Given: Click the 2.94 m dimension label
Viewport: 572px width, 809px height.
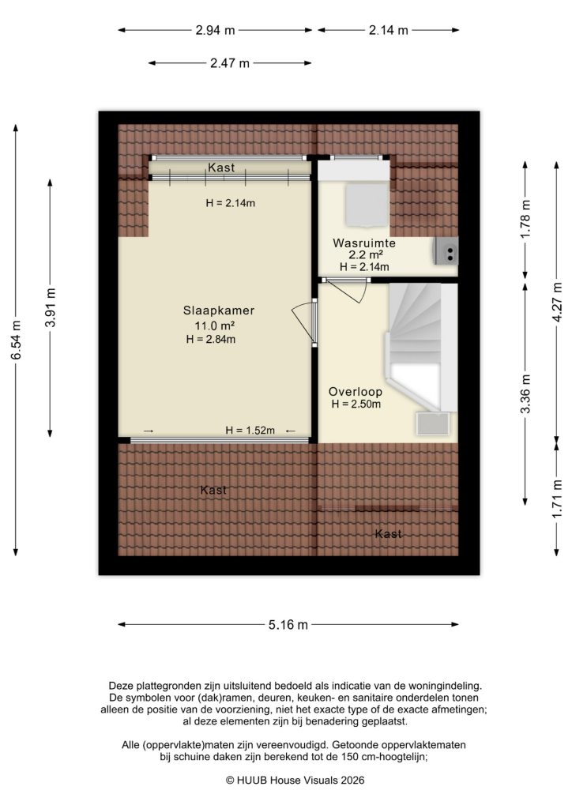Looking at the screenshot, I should click(x=216, y=31).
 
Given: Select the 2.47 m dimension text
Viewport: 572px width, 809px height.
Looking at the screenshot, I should click(x=230, y=63).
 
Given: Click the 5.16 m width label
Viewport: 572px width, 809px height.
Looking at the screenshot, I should click(x=288, y=625).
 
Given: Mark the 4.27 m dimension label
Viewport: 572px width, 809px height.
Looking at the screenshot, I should click(x=558, y=301).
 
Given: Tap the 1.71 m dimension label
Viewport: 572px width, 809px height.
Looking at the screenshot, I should click(x=558, y=499).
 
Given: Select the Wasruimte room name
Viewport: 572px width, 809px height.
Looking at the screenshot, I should click(x=363, y=243).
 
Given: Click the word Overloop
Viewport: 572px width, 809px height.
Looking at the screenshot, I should click(x=356, y=391).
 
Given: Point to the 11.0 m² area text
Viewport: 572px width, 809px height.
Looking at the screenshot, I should click(x=210, y=325).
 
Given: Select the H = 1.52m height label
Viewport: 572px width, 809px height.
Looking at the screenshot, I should click(x=250, y=431).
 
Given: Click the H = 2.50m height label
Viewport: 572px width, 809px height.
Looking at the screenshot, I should click(x=356, y=405).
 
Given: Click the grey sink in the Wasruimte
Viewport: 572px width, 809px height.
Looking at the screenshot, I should click(x=446, y=252).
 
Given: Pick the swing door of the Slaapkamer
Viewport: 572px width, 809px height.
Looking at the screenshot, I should click(x=303, y=323).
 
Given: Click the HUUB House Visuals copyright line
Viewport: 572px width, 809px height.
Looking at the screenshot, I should click(x=285, y=779).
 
